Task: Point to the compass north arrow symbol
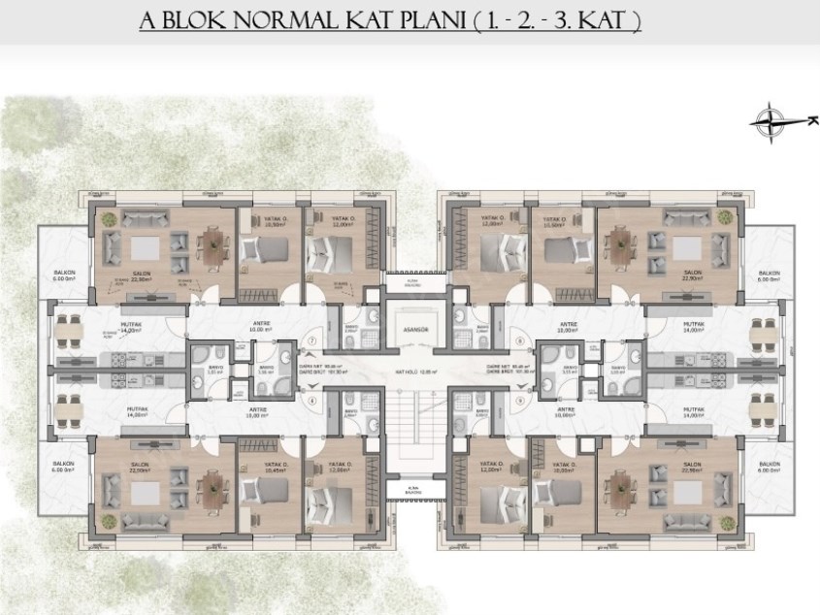(773, 120)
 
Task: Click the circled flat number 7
(312, 341)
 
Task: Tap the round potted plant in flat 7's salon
(110, 218)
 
